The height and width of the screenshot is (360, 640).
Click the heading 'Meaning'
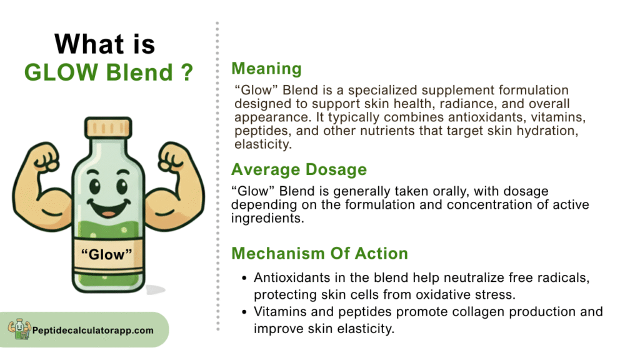pos(266,69)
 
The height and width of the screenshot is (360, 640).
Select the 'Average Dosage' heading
pos(299,169)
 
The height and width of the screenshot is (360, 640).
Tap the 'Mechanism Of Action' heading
pos(319,253)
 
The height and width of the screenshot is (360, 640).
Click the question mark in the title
pos(186,72)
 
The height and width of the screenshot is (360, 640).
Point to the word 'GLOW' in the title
pos(61,72)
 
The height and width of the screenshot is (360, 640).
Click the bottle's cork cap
pos(108,127)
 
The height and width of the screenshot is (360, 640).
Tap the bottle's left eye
pos(95,186)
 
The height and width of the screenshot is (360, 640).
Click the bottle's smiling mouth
pos(109,208)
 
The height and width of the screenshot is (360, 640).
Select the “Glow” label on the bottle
pos(107,254)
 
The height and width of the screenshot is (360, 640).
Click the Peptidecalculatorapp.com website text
pos(93,330)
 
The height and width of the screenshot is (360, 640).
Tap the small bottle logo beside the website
pos(19,329)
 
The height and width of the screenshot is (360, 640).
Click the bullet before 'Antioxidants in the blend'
pos(244,278)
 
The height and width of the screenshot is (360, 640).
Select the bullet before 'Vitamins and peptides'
pos(244,312)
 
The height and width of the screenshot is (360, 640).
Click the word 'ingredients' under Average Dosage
pos(267,218)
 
